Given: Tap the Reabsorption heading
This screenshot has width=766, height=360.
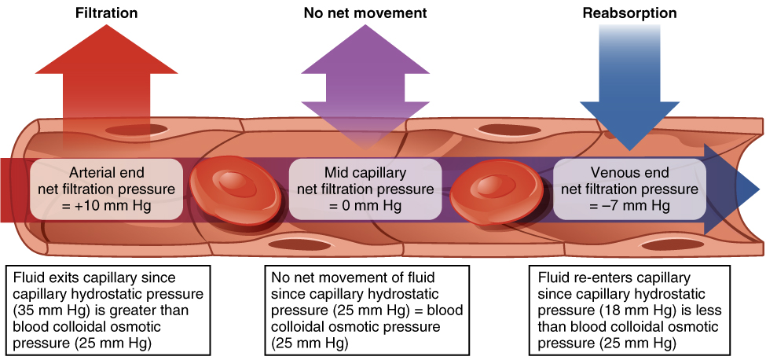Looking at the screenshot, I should coord(629,13).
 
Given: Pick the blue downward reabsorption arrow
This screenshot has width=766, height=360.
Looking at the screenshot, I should coord(629,86).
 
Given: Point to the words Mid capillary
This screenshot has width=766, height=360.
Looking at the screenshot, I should coord(365,172).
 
